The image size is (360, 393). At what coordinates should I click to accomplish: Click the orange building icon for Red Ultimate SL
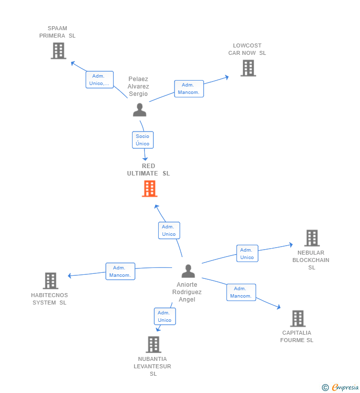[150, 188]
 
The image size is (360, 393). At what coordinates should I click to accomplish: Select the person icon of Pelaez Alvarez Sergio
[139, 110]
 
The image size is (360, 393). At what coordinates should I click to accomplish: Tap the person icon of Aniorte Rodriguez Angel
[188, 271]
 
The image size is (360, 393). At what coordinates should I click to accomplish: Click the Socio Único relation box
[143, 140]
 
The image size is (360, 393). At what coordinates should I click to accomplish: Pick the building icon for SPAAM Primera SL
[58, 50]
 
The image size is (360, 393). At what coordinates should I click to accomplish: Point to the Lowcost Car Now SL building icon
[248, 68]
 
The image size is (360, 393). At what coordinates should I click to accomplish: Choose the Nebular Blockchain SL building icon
[312, 238]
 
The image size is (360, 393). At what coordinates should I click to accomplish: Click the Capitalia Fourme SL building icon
[298, 318]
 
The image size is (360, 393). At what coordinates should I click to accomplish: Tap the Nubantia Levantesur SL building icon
[153, 345]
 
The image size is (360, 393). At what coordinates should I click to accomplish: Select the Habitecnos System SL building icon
[50, 281]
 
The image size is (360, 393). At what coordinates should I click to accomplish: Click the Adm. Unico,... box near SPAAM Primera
[99, 80]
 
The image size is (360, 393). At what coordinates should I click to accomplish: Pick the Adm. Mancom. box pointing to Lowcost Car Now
[189, 88]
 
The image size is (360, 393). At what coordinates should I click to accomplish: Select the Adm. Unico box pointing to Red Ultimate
[169, 230]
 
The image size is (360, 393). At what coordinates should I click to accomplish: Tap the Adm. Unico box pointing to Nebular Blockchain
[247, 254]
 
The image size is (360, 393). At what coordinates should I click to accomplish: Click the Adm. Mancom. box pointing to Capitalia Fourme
[241, 292]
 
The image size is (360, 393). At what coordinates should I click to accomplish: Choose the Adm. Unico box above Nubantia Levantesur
[165, 316]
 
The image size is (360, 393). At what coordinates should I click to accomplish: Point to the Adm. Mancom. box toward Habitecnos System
[120, 271]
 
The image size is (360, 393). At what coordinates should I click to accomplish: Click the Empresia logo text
[345, 387]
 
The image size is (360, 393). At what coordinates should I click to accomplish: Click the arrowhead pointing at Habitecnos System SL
[70, 276]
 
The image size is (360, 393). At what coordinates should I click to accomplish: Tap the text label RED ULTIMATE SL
[148, 170]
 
